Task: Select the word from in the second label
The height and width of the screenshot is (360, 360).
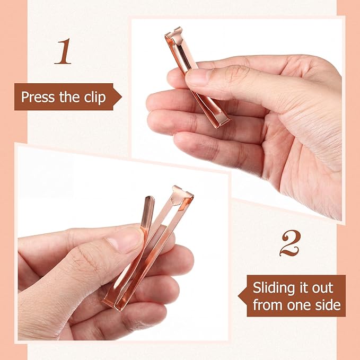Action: [268, 305]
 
